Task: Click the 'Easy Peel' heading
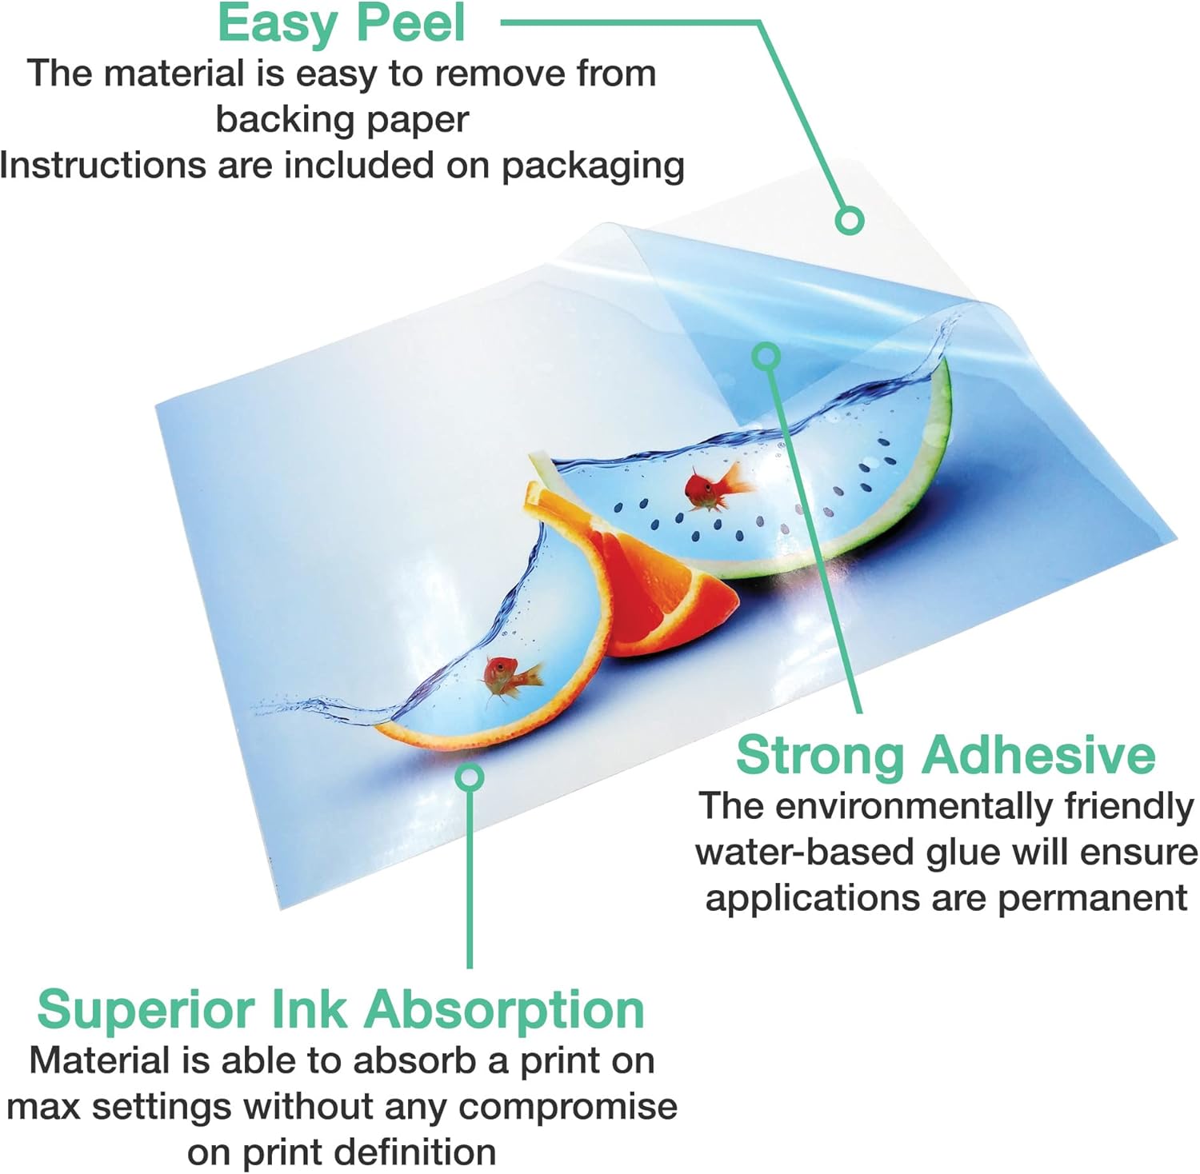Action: coord(341,24)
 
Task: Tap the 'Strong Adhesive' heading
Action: coord(946,754)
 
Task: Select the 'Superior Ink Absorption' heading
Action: coord(341,1009)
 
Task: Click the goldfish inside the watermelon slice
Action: coord(717,487)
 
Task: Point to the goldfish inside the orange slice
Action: coord(512,677)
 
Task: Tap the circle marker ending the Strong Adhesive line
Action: coord(767,357)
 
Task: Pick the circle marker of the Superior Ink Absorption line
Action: coord(470,777)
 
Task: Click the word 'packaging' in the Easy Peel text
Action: coord(593,166)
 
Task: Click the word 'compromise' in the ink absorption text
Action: coord(568,1108)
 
